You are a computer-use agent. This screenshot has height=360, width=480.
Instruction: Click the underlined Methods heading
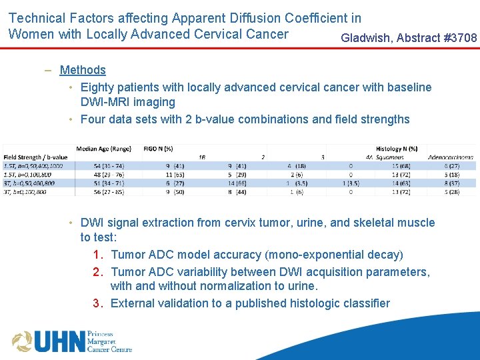[x=83, y=70]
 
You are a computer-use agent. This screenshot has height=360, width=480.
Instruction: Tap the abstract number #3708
[x=460, y=38]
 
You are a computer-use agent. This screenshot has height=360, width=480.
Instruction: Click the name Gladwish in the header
[x=366, y=38]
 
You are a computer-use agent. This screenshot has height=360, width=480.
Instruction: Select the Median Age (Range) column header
[x=103, y=149]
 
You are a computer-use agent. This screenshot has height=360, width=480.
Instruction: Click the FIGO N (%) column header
[x=158, y=149]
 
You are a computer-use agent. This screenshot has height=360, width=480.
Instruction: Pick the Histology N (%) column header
[x=397, y=149]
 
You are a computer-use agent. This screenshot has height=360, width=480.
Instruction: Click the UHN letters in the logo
[x=60, y=341]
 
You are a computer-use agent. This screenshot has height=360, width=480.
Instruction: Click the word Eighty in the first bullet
[x=97, y=87]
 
